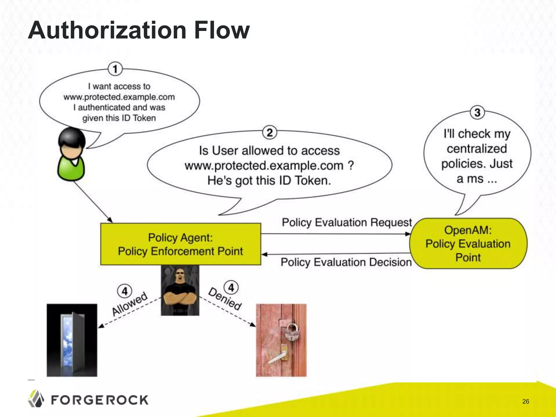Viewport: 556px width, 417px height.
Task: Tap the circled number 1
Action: click(x=115, y=69)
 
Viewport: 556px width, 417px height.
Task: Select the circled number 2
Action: click(x=269, y=132)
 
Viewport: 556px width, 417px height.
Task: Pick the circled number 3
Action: click(x=477, y=112)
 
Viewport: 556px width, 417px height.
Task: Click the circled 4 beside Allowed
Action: click(x=125, y=291)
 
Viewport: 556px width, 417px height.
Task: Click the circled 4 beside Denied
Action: click(x=231, y=288)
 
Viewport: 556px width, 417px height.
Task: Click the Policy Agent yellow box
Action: click(x=181, y=244)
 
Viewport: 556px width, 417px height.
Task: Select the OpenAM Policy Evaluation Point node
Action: click(x=468, y=244)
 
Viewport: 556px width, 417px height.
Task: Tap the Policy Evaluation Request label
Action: click(x=347, y=222)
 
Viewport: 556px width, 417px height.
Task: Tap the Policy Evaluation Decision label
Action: click(x=346, y=262)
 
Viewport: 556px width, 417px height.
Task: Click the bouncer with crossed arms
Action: click(x=180, y=290)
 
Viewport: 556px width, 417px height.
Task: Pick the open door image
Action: click(x=72, y=340)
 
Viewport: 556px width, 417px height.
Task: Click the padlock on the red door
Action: click(x=292, y=331)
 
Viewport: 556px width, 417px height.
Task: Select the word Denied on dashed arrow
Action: click(x=225, y=299)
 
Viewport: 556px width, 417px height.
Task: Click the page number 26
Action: click(x=526, y=402)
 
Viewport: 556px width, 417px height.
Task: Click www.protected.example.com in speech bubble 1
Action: click(x=119, y=97)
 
